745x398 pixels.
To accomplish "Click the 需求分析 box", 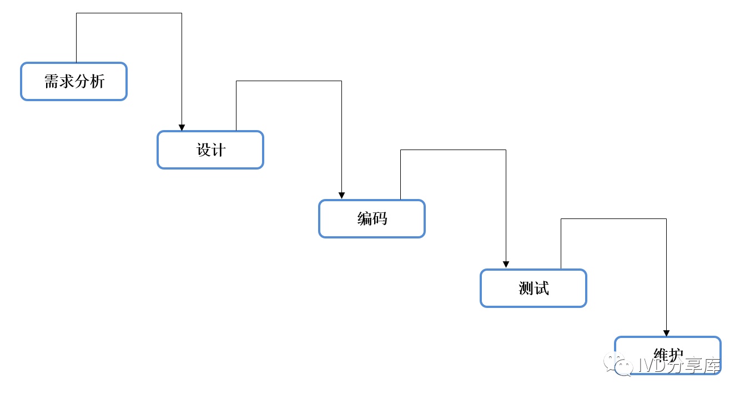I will coord(74,82).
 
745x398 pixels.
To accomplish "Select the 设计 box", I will coord(210,150).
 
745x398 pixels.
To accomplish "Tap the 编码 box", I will coord(372,219).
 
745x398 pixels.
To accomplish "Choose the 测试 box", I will coord(533,288).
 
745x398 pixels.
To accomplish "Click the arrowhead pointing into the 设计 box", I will coord(182,128).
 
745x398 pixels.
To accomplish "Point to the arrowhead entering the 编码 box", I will coord(341,196).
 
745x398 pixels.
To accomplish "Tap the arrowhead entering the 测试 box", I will coord(506,265).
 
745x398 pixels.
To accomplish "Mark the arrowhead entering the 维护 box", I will coord(666,334).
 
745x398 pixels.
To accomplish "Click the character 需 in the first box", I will coord(52,82).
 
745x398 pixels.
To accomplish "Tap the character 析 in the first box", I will coord(97,82).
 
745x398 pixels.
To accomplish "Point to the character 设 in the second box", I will coord(203,150).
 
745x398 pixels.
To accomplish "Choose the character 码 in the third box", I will coord(380,219).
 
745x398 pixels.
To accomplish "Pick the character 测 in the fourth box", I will coord(526,288).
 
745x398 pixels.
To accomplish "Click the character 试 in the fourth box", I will coord(541,288).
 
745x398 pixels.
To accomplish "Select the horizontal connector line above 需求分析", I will coord(129,13).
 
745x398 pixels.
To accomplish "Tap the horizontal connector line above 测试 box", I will coord(613,219).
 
